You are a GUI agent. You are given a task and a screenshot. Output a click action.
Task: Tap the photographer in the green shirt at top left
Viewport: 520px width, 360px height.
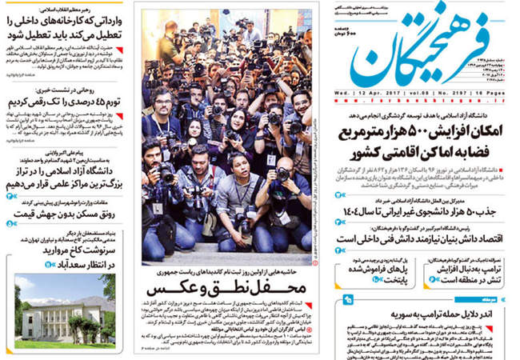170,44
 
